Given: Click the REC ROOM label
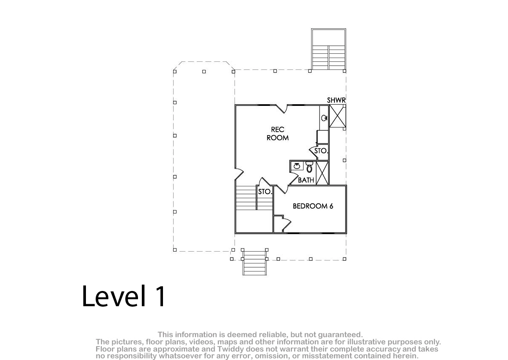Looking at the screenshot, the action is pos(278,133).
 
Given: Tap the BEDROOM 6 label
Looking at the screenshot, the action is pos(313,206).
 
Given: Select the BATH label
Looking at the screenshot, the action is pos(306,180).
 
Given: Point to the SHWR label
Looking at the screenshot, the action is pos(336,100).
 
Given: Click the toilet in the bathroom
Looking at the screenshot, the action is pos(309,167).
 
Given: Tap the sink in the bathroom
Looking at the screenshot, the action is pos(297,166).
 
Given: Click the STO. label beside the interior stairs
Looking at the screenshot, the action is pos(265,192).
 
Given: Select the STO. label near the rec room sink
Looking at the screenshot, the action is pos(321,151).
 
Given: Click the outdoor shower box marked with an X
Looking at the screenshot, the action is pos(337,116).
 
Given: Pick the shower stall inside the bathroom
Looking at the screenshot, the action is pos(322,173).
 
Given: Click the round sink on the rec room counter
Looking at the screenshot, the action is pos(324,118).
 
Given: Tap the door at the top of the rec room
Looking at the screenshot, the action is pos(282,108).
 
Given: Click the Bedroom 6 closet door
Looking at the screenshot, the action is pos(286,224).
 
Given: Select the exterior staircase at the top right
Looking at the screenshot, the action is pos(329,49).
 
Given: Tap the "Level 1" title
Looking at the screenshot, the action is pos(124,296).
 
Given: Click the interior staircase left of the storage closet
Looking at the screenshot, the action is pos(246,198).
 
